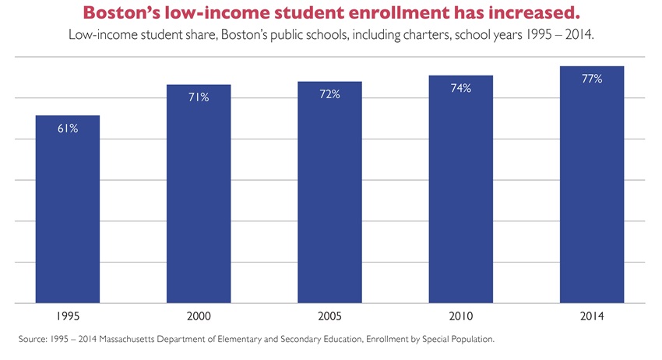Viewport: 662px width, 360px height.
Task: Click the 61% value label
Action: click(68, 129)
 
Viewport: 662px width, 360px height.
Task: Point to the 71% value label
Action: click(199, 97)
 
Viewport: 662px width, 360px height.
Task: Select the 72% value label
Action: click(329, 94)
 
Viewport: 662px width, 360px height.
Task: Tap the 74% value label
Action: click(460, 89)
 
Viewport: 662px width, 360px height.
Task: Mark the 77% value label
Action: click(591, 79)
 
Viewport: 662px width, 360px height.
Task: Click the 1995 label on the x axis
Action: click(68, 317)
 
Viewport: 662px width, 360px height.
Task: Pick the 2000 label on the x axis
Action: click(199, 317)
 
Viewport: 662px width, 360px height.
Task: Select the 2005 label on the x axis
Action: click(329, 317)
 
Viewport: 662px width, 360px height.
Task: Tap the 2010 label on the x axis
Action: click(460, 317)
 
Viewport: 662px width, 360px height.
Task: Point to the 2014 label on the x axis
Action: click(591, 317)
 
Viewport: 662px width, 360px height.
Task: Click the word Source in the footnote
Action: click(32, 340)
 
